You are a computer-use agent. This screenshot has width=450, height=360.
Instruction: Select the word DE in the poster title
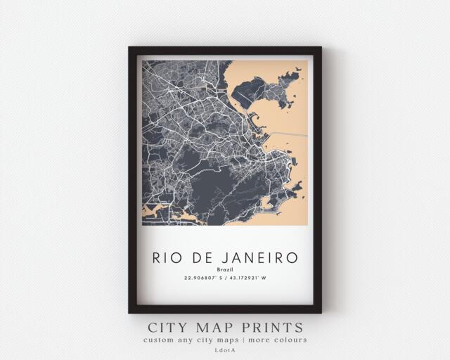coord(203,257)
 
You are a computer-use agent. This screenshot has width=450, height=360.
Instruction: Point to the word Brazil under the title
coord(225,270)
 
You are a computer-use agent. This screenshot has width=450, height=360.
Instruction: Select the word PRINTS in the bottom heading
coord(271,328)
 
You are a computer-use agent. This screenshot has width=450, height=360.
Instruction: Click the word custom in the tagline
coord(159,340)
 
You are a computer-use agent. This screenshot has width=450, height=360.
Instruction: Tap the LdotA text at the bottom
coord(225,351)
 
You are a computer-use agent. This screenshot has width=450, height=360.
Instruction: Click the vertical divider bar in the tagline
coord(243,340)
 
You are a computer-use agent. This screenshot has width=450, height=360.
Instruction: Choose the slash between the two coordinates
coord(226,279)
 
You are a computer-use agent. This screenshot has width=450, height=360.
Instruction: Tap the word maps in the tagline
coord(226,340)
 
